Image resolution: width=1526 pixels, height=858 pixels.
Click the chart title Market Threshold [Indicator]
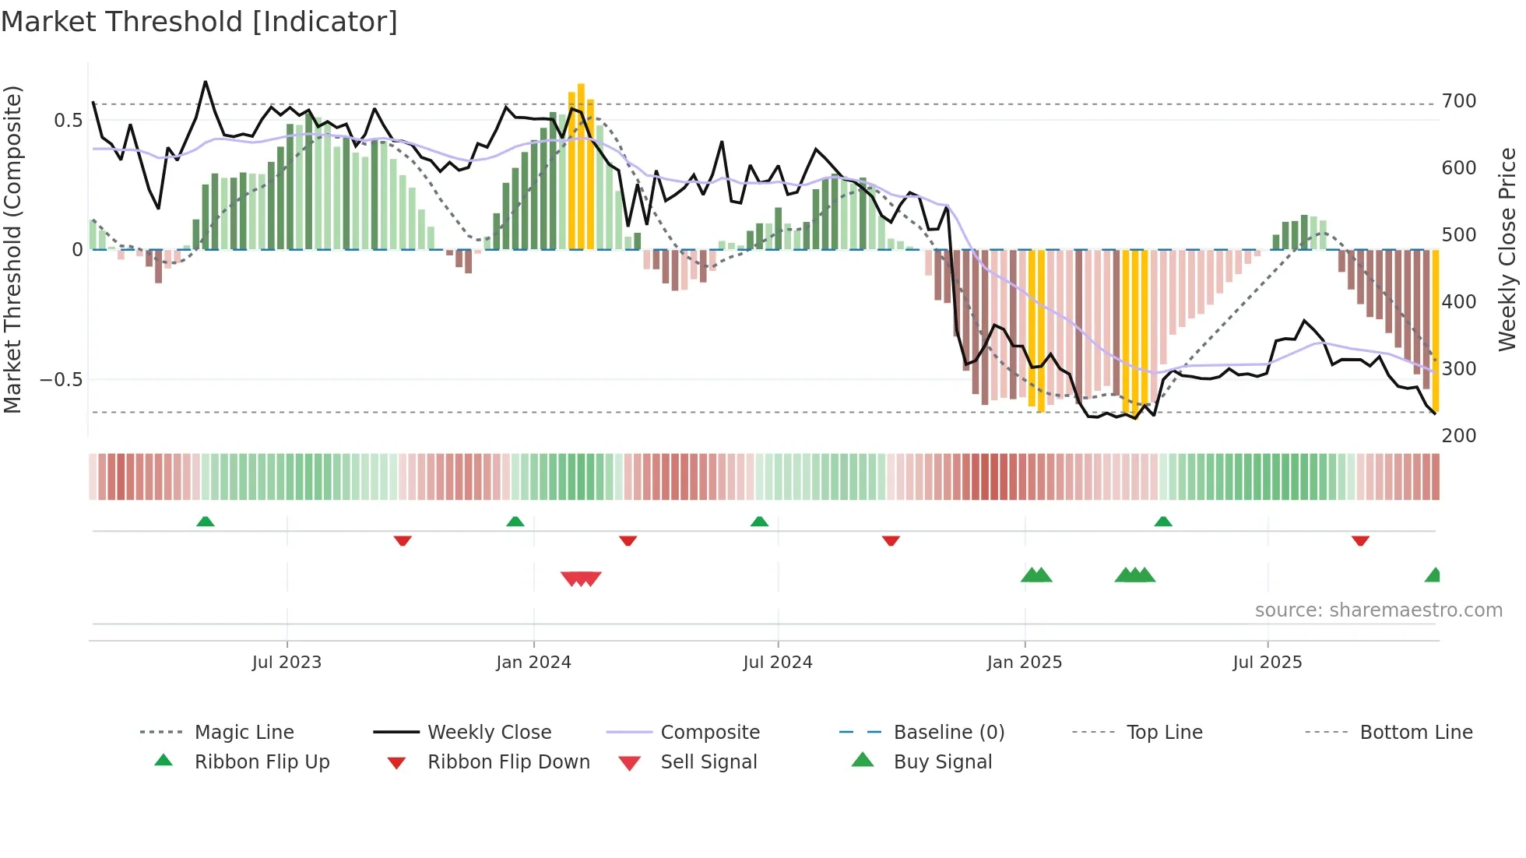tap(199, 22)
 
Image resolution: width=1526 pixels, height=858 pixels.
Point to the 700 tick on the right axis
tap(1458, 101)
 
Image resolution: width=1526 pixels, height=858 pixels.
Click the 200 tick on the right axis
tap(1458, 435)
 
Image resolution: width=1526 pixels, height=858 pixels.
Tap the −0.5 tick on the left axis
tap(61, 380)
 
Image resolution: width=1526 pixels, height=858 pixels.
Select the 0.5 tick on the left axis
tap(68, 121)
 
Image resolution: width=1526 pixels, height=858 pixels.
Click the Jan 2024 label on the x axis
tap(533, 663)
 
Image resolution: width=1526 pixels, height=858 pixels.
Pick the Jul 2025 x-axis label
tap(1267, 663)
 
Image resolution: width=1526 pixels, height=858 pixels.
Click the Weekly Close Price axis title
tap(1507, 249)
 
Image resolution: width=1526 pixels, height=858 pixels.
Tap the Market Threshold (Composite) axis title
tap(12, 249)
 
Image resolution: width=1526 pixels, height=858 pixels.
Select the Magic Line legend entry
tap(244, 733)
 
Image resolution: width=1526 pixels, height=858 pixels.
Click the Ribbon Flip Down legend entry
tap(508, 762)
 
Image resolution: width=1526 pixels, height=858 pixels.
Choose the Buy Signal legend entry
tap(942, 762)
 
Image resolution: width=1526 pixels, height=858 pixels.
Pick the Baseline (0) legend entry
tap(948, 733)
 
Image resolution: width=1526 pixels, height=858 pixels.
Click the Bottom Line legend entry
tap(1415, 733)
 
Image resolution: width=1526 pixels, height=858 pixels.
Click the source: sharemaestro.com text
tap(1378, 610)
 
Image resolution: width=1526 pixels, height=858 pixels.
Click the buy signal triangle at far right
tap(1433, 575)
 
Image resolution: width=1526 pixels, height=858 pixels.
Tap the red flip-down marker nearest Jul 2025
tap(1360, 540)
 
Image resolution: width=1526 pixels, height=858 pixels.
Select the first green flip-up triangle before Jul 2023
tap(205, 521)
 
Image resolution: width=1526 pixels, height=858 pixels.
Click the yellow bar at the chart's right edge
tap(1436, 331)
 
